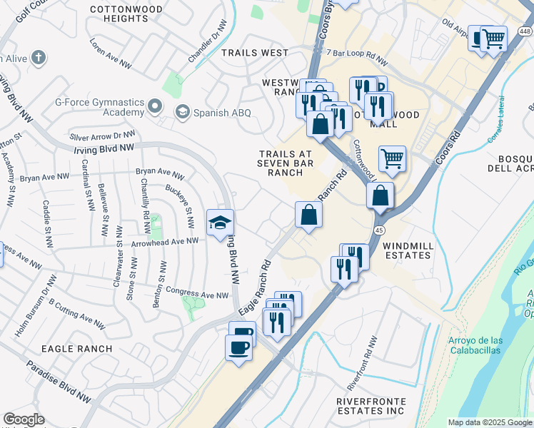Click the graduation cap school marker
(x=221, y=223)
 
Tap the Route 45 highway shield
(x=379, y=230)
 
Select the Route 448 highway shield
(x=525, y=31)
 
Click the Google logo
(x=24, y=419)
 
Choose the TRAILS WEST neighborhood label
(x=255, y=53)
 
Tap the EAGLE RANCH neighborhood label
(x=76, y=349)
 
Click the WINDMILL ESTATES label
(x=408, y=250)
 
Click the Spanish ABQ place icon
(x=182, y=111)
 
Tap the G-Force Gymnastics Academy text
(x=99, y=107)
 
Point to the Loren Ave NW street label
(x=111, y=53)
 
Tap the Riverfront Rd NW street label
(x=362, y=368)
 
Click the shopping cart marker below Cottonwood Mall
(x=392, y=158)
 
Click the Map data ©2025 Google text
(x=489, y=422)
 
